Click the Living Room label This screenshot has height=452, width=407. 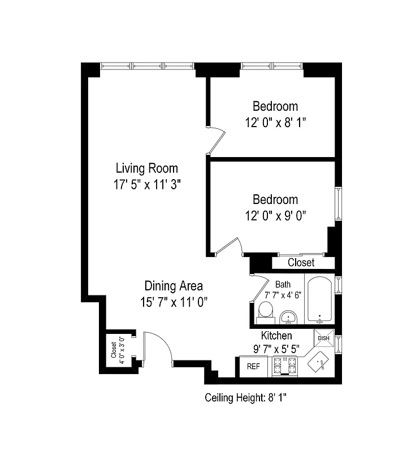(146, 168)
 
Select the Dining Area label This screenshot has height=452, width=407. (174, 285)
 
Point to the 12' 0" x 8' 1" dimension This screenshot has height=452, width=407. (275, 123)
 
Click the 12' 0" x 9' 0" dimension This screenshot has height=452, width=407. (275, 215)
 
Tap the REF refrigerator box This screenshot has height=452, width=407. (254, 366)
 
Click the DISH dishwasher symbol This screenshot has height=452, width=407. (323, 338)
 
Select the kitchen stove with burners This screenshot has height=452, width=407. (284, 366)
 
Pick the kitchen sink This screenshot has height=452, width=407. (319, 362)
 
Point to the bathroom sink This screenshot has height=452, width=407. (289, 317)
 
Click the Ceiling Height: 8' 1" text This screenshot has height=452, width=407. (246, 398)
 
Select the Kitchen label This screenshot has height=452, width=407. (276, 336)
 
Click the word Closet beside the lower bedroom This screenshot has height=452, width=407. (301, 263)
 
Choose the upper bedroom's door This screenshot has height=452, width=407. (216, 139)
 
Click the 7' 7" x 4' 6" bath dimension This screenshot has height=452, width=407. (283, 294)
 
